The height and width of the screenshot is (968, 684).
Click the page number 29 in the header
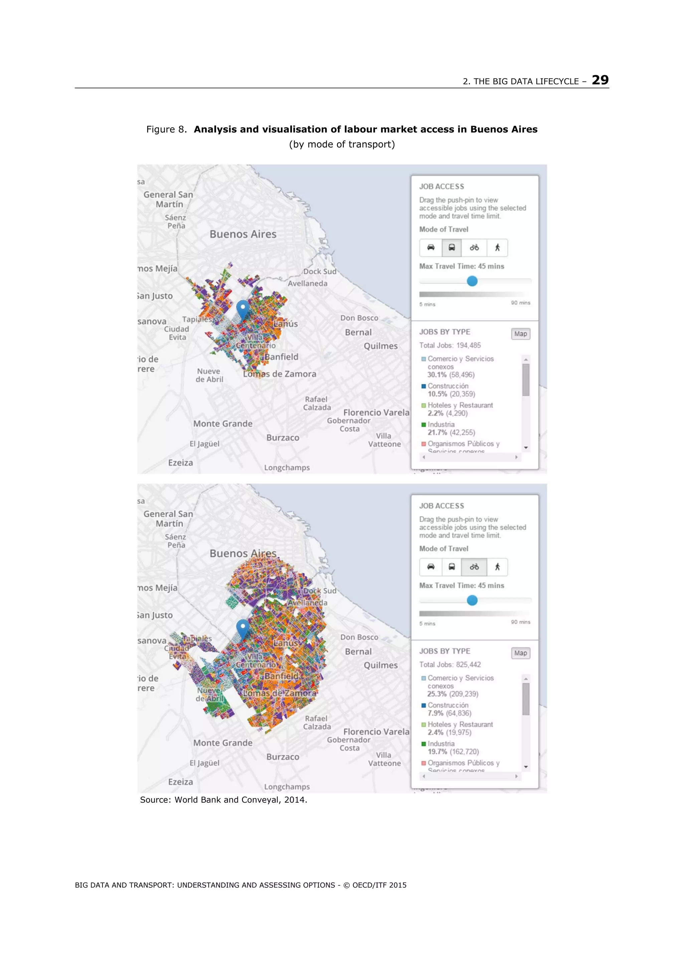(600, 80)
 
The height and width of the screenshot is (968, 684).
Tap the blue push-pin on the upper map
(242, 309)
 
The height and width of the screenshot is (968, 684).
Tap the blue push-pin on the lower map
(242, 628)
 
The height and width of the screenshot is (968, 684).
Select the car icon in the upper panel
(431, 248)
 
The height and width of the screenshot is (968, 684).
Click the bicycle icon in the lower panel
(474, 567)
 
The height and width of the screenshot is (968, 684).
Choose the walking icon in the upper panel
(497, 248)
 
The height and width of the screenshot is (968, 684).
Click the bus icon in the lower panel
(451, 567)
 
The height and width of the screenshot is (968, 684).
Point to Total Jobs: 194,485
(450, 345)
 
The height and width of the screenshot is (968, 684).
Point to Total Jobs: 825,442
(450, 665)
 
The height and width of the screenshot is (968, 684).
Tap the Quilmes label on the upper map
(380, 346)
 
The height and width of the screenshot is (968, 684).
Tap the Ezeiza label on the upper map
(180, 462)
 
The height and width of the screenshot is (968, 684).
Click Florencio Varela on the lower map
(376, 732)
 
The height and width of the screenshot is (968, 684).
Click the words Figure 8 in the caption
(166, 129)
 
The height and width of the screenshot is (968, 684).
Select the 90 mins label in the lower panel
(520, 622)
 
